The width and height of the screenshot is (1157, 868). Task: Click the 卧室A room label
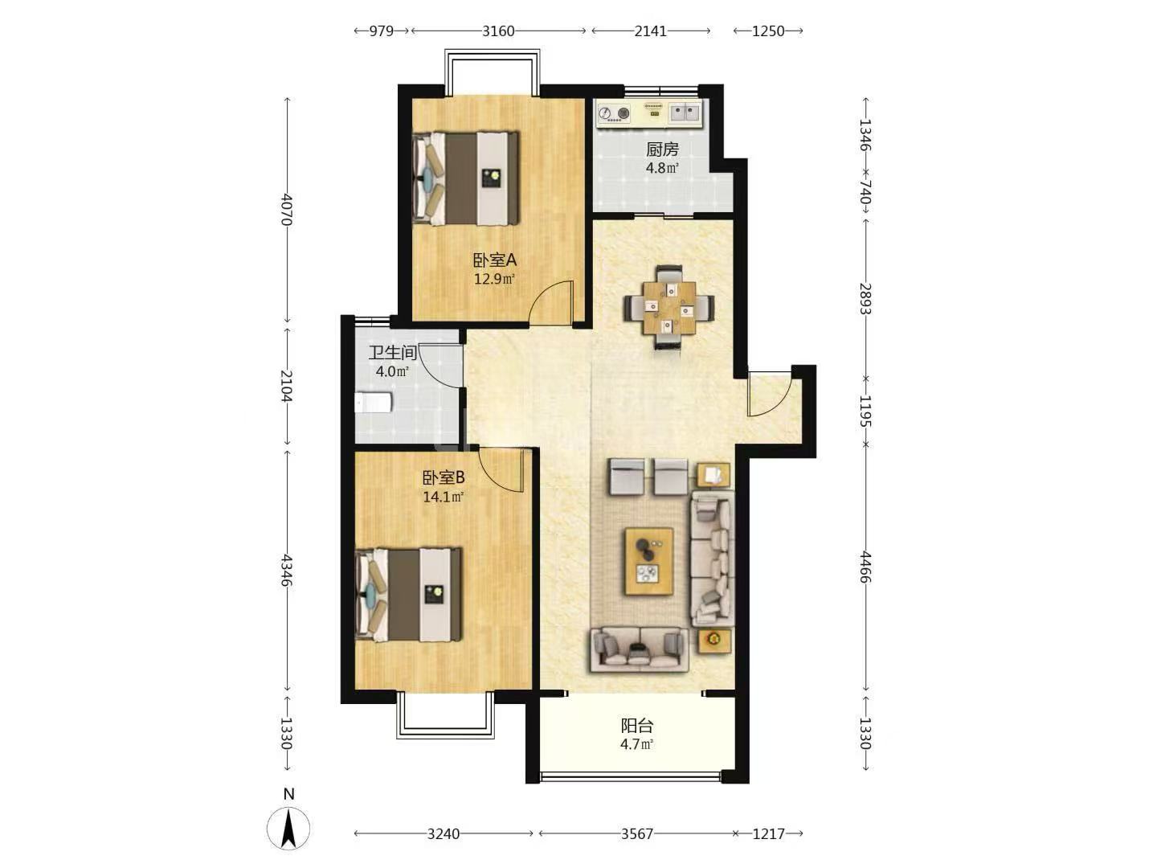pos(494,260)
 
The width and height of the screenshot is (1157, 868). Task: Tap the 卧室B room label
pos(444,477)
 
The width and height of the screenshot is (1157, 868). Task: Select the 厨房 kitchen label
pos(662,149)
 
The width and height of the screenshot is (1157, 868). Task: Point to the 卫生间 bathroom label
pos(393,353)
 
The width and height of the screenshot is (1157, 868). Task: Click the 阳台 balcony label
pos(636,726)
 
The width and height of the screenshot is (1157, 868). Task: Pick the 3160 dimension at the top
pos(498,31)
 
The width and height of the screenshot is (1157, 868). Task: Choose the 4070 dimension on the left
pos(286,209)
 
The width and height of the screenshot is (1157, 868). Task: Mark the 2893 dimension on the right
pos(865,298)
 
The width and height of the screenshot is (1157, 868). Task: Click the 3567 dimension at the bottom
pos(636,833)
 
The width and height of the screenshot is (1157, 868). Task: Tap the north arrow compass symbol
pos(288,829)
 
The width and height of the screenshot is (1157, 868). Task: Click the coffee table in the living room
pos(649,562)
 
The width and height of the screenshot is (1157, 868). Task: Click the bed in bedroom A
pos(466,178)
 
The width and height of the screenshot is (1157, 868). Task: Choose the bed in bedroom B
pos(408,595)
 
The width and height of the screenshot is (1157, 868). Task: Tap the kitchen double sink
pos(685,113)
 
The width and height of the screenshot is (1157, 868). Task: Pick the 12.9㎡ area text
pos(494,279)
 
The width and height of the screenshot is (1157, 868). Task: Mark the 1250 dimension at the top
pos(768,31)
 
